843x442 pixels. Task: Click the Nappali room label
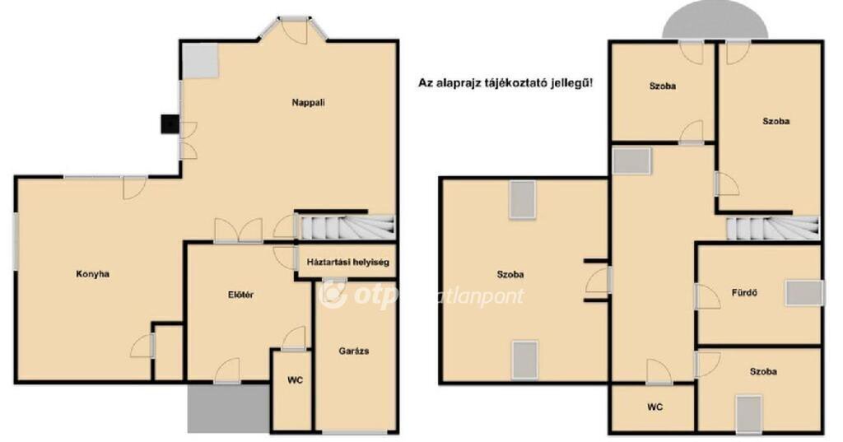309,102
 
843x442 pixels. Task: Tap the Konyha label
92,274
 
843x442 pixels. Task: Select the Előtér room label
241,295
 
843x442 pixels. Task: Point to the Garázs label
354,351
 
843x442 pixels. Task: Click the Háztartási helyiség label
348,263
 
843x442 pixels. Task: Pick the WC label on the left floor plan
296,380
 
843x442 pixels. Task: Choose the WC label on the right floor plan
654,407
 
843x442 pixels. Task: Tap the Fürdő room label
744,293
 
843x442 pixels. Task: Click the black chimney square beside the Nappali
170,124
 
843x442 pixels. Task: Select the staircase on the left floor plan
347,227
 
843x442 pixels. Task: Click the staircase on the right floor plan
773,228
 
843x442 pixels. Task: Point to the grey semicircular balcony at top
715,25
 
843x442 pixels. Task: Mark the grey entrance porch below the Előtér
229,407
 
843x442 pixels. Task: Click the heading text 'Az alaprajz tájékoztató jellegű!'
506,83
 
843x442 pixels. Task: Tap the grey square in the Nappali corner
200,61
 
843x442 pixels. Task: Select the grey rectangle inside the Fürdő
803,293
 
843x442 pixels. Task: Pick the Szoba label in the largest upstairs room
510,274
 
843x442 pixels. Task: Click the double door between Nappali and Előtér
238,230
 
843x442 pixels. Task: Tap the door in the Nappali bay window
294,30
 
